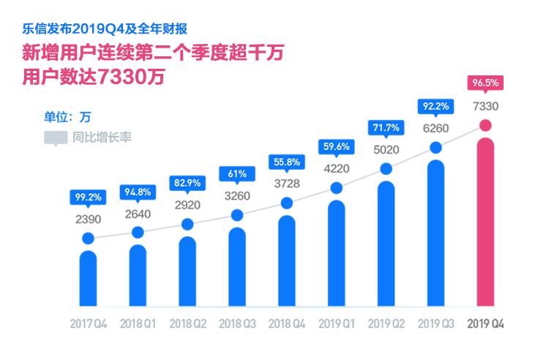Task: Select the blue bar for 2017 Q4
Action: tap(88, 278)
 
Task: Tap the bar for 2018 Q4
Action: tap(287, 260)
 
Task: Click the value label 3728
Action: tap(287, 182)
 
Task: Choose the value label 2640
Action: tap(138, 214)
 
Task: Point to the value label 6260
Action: tap(436, 128)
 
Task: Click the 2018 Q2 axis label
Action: tap(187, 323)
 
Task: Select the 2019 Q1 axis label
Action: tap(337, 323)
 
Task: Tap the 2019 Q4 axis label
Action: tap(485, 323)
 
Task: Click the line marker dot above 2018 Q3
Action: tap(237, 215)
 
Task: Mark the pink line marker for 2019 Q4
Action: tap(485, 126)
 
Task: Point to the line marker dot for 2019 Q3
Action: tap(436, 148)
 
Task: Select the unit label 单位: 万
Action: tap(67, 116)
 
